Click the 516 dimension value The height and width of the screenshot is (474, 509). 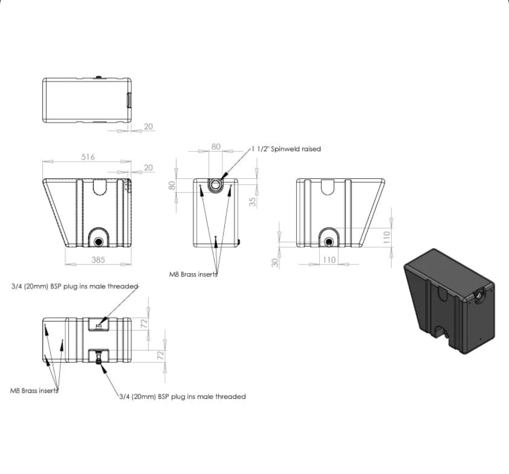click(x=88, y=157)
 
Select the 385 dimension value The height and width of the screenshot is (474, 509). click(x=98, y=260)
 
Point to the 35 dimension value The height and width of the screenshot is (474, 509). click(x=253, y=202)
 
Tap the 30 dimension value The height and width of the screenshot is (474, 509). click(x=275, y=262)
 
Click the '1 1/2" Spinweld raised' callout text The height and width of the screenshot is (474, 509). click(x=286, y=149)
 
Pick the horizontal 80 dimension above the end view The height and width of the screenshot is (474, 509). click(x=216, y=147)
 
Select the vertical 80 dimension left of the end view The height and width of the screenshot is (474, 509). click(x=172, y=185)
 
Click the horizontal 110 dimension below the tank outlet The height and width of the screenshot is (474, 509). click(x=329, y=260)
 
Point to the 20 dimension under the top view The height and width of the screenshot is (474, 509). click(x=148, y=126)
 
